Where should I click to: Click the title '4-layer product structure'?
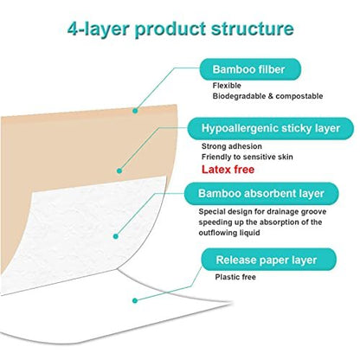(181, 29)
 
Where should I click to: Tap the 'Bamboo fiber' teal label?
(250, 69)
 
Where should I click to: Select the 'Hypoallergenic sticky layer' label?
(271, 128)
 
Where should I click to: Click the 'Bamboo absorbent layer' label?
(261, 193)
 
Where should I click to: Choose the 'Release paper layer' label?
(268, 260)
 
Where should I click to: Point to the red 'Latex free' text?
(228, 170)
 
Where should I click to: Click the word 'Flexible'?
(227, 86)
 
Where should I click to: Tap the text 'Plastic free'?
(235, 277)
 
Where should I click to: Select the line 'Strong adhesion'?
(232, 146)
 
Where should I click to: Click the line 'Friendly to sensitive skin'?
(247, 157)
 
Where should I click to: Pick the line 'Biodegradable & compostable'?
(267, 96)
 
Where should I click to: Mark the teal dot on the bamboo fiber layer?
(135, 111)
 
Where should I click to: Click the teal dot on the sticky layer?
(119, 170)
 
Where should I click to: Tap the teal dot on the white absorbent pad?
(116, 236)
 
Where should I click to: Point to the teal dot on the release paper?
(135, 300)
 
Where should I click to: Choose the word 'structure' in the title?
(253, 29)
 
